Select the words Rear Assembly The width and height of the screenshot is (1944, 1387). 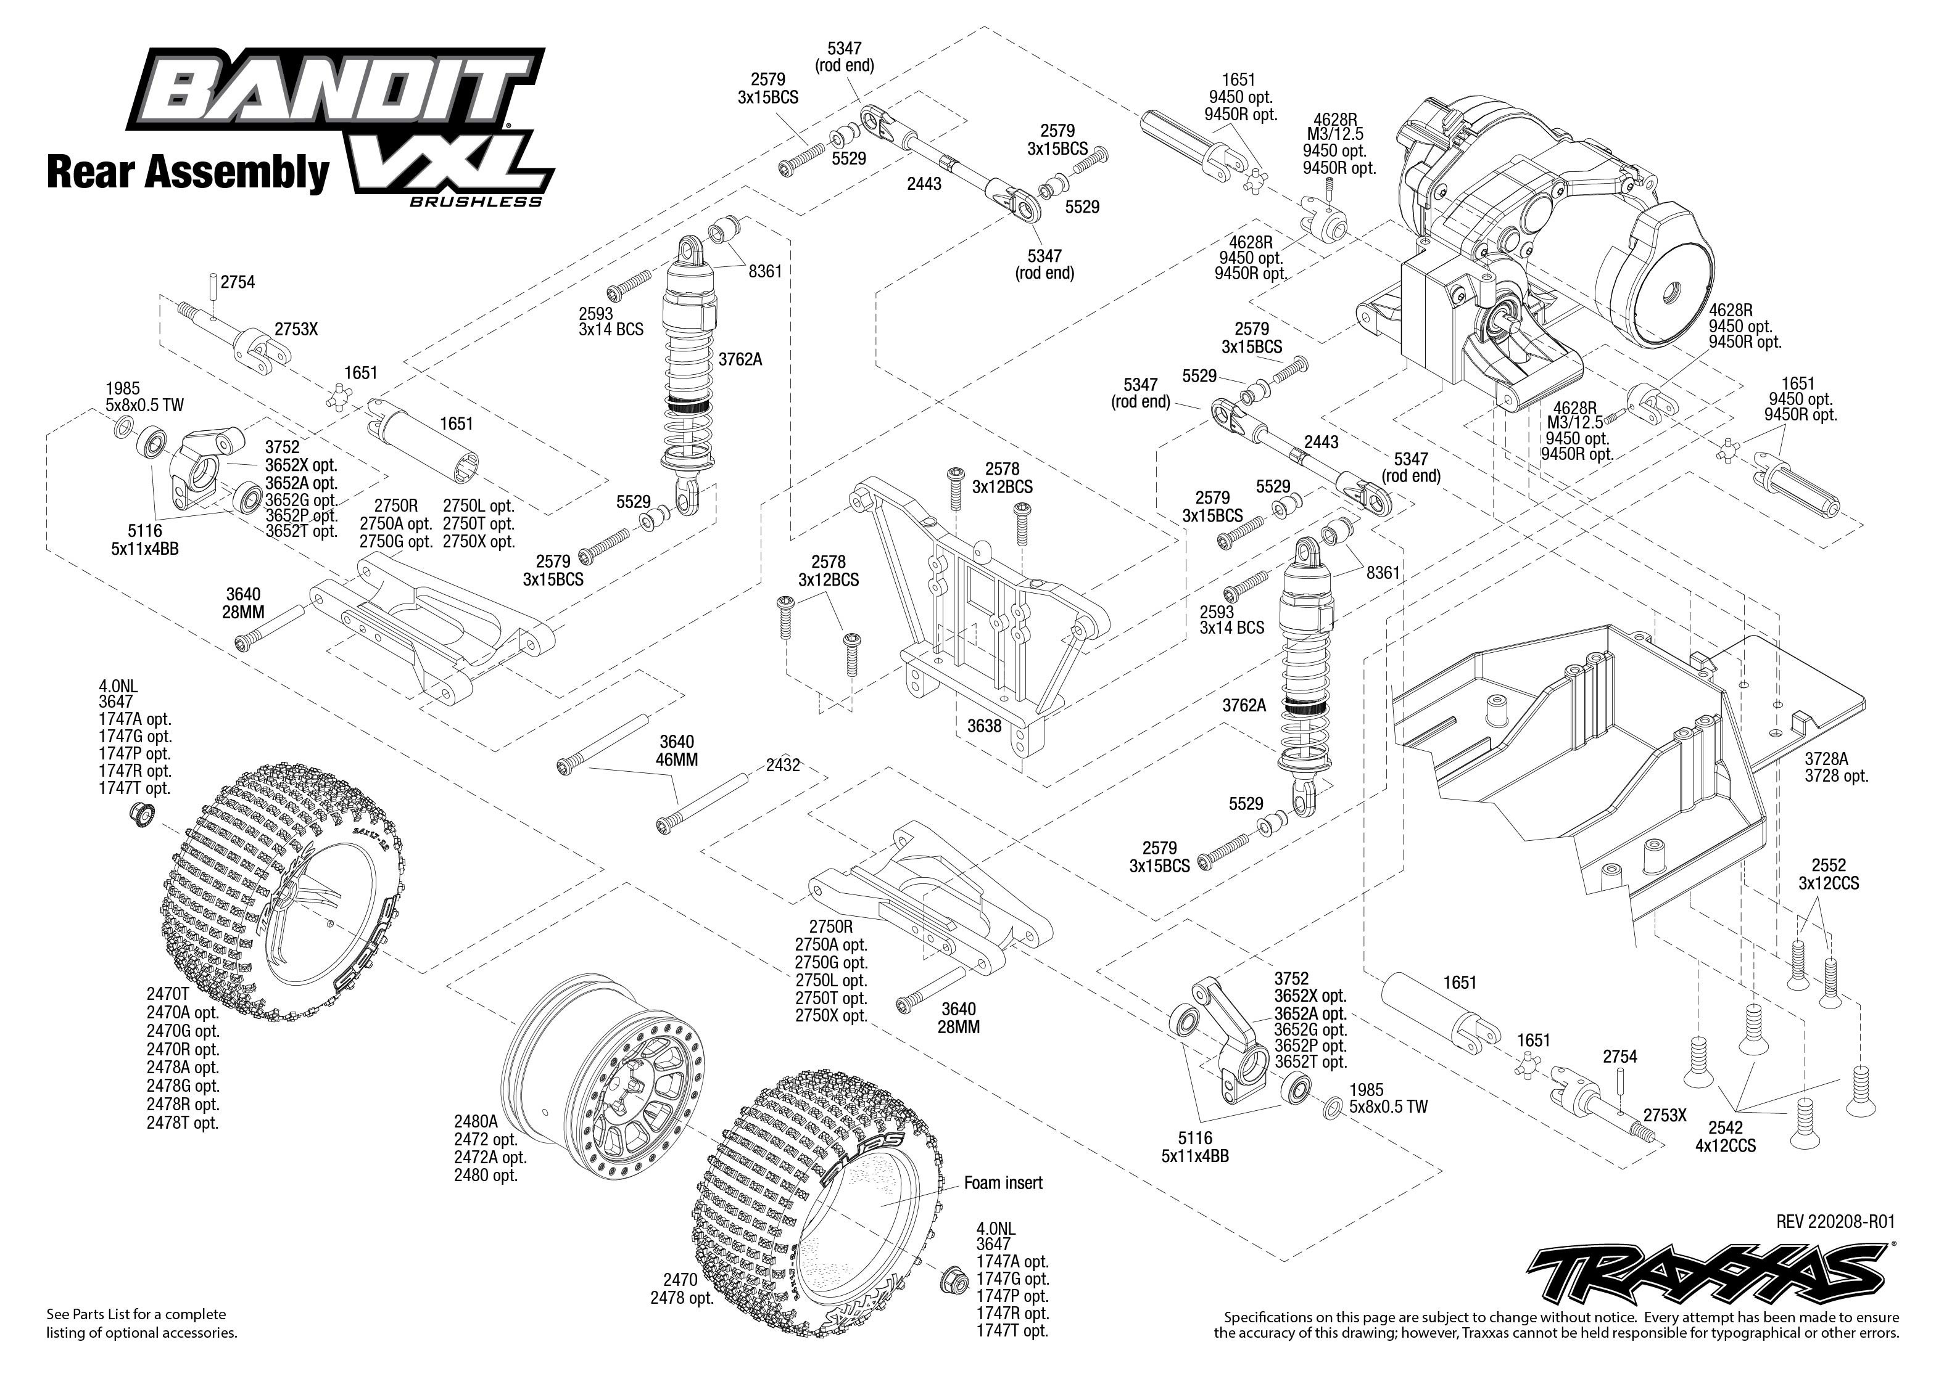point(188,171)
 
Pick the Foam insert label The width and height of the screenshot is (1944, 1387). point(1003,1183)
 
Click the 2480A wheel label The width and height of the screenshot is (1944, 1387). point(475,1121)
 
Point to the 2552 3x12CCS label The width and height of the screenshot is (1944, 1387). point(1828,874)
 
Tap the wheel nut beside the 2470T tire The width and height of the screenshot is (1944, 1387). point(141,814)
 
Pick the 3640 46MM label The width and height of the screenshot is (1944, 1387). point(677,751)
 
